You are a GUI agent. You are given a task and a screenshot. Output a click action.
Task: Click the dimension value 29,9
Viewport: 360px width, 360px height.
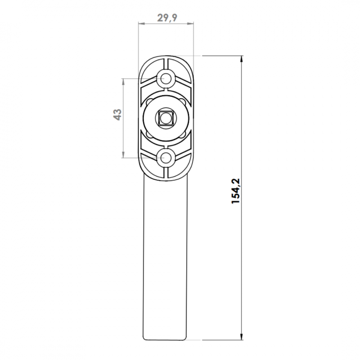167,18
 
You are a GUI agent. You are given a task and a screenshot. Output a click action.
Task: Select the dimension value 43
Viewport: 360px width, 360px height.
117,115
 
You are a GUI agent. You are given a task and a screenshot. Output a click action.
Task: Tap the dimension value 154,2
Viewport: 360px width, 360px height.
235,191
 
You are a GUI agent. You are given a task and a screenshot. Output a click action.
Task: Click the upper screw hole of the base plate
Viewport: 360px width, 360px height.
166,79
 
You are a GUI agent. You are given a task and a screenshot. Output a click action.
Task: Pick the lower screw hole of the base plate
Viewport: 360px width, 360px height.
166,158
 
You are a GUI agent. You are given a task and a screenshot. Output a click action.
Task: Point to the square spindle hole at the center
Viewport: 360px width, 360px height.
164,118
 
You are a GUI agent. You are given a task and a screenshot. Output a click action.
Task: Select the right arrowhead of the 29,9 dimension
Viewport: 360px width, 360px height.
190,23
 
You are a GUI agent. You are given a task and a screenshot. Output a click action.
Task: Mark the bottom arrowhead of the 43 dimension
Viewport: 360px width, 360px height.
123,154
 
